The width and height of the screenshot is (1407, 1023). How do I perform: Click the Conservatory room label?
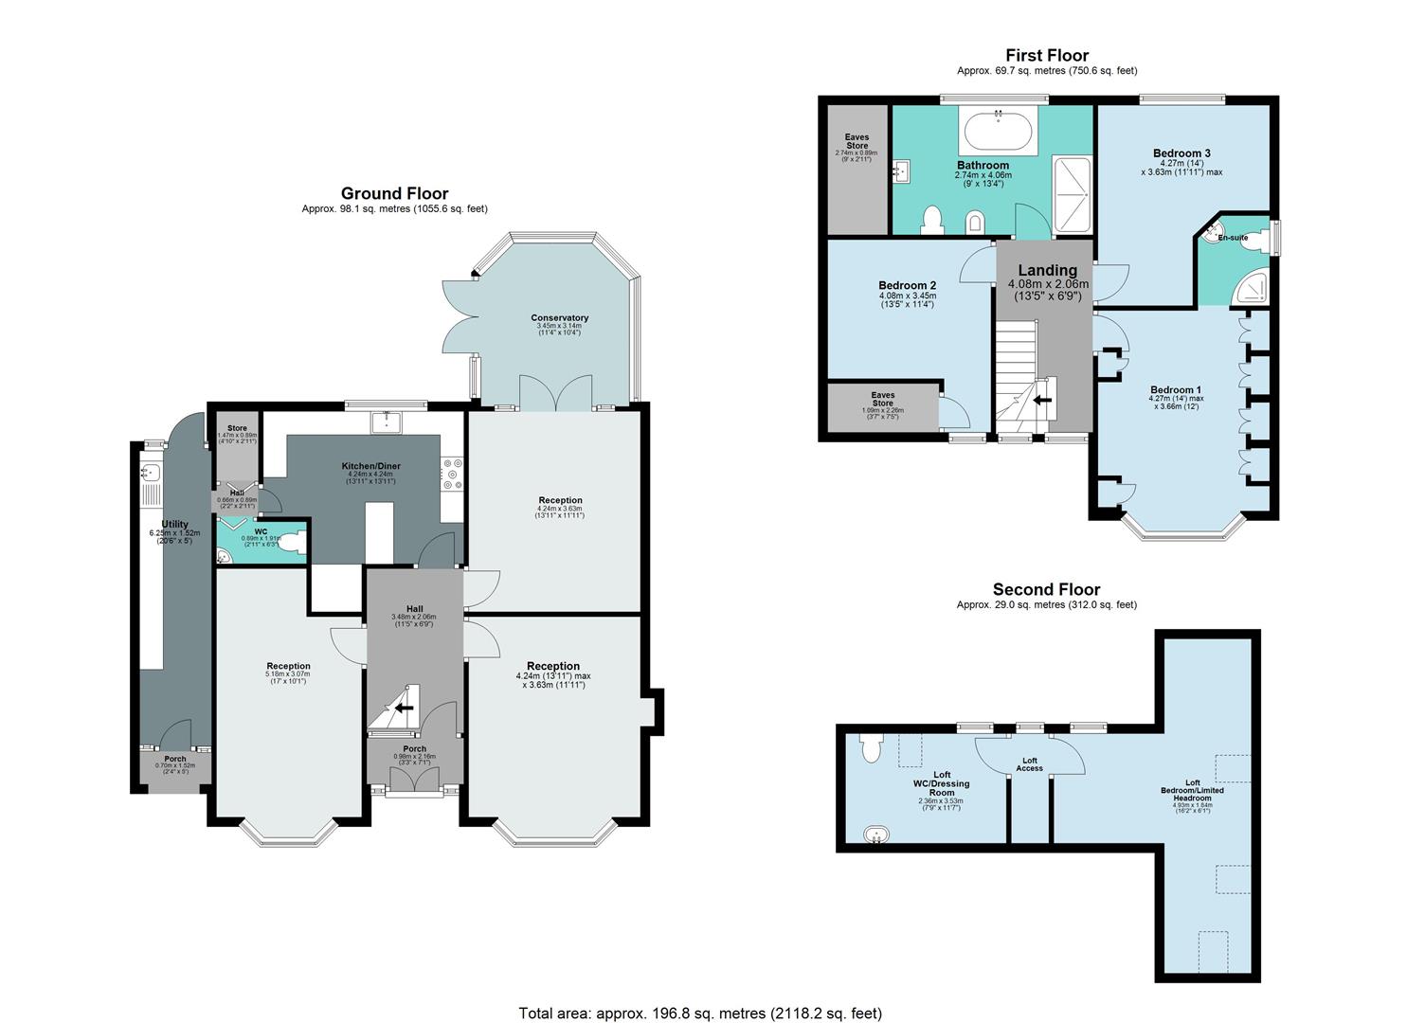pos(559,318)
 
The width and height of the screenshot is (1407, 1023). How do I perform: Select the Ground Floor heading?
pos(394,194)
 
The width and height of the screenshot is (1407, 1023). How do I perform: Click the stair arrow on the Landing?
pos(1042,400)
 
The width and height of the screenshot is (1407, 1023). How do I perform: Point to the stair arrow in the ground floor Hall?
pos(405,708)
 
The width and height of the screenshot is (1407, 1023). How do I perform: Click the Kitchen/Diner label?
pos(370,466)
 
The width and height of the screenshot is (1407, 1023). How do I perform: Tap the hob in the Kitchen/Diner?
pos(452,475)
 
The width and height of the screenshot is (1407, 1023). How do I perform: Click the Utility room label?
pos(175,524)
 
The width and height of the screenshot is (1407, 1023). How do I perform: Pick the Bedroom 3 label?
pos(1182,153)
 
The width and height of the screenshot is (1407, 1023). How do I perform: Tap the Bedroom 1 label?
pos(1175,390)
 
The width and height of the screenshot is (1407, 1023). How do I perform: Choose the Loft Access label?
pos(1030,764)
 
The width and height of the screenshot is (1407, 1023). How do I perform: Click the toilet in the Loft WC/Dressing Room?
pos(871,747)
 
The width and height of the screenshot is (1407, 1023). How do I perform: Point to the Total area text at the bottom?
pos(700,1013)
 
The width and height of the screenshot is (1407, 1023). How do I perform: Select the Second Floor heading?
pos(1046,589)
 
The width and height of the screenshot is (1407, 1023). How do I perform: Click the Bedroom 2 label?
pos(907,286)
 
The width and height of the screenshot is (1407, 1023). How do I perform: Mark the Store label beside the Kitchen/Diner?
pos(236,428)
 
